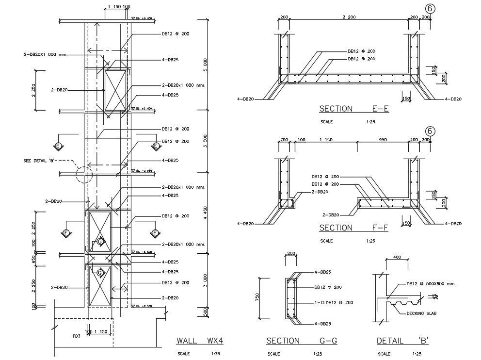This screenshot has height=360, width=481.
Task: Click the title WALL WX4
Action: (x=199, y=341)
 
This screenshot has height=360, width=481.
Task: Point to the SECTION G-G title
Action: (x=302, y=341)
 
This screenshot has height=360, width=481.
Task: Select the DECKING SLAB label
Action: (x=421, y=314)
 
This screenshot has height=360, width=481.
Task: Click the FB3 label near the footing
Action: (x=76, y=335)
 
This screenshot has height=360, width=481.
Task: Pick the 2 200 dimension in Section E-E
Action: (x=349, y=17)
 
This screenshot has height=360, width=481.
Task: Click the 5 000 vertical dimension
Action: (x=205, y=64)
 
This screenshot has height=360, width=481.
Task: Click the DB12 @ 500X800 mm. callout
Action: (x=431, y=283)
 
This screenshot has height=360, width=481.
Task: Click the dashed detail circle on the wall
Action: (x=84, y=174)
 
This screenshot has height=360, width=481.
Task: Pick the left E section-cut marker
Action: (x=59, y=145)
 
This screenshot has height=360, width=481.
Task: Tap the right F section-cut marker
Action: (x=155, y=233)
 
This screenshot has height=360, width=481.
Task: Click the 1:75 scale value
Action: (x=216, y=354)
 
